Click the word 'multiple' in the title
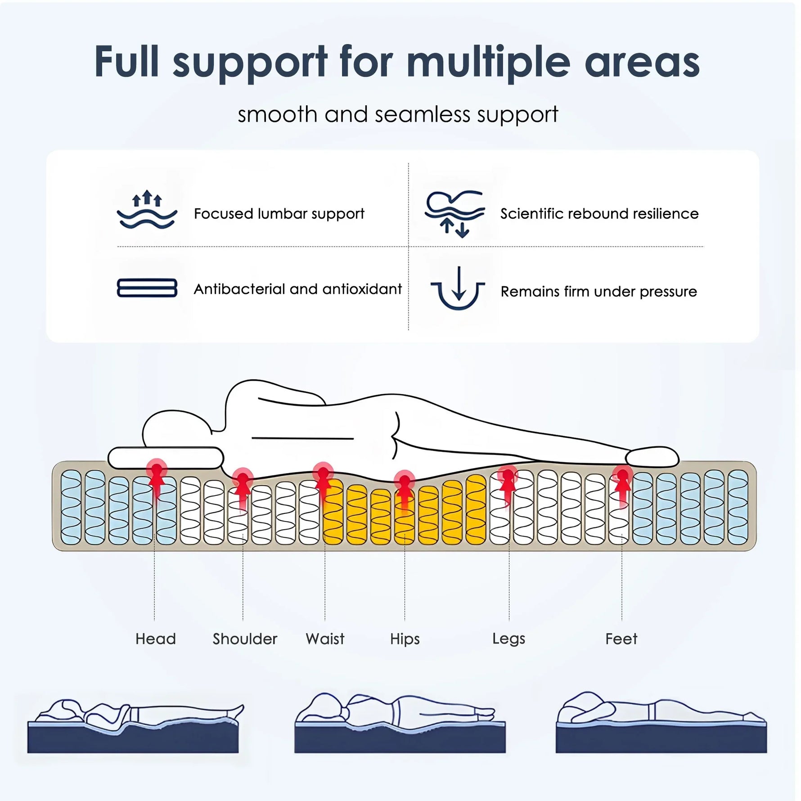pyautogui.click(x=488, y=63)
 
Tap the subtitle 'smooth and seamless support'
pyautogui.click(x=398, y=115)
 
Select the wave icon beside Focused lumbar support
pyautogui.click(x=147, y=211)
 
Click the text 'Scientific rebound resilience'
pyautogui.click(x=599, y=214)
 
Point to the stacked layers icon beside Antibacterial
pyautogui.click(x=147, y=288)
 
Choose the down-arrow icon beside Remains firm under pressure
pyautogui.click(x=458, y=288)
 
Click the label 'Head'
pyautogui.click(x=155, y=639)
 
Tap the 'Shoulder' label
pyautogui.click(x=245, y=639)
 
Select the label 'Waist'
pyautogui.click(x=325, y=639)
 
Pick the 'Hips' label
pyautogui.click(x=405, y=639)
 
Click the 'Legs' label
pyautogui.click(x=508, y=639)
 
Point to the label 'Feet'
pyautogui.click(x=621, y=639)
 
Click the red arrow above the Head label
pyautogui.click(x=156, y=479)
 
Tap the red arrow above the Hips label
pyautogui.click(x=404, y=490)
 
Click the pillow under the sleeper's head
pyautogui.click(x=166, y=457)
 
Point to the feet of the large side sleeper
pyautogui.click(x=652, y=456)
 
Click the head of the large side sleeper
pyautogui.click(x=175, y=430)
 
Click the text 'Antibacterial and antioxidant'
pyautogui.click(x=297, y=289)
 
